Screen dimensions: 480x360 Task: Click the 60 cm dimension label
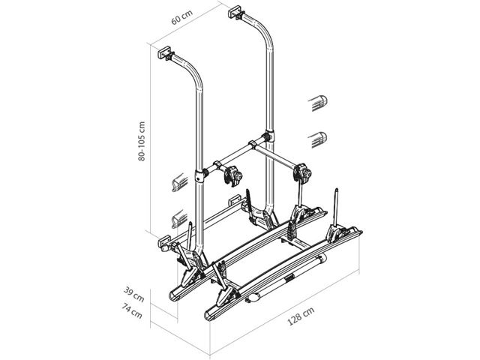click(x=182, y=17)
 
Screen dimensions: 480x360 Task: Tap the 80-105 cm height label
click(x=142, y=142)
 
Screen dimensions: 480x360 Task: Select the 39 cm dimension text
click(x=133, y=294)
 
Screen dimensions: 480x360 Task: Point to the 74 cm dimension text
click(x=132, y=310)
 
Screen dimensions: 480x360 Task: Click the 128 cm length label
click(x=301, y=316)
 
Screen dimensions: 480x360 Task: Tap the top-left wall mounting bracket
click(x=166, y=53)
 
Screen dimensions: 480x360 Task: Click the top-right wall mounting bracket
click(x=236, y=12)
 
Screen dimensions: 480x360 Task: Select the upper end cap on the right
click(x=318, y=103)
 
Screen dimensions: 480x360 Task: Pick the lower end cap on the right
click(x=318, y=139)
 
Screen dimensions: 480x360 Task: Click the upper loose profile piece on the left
click(x=180, y=183)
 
